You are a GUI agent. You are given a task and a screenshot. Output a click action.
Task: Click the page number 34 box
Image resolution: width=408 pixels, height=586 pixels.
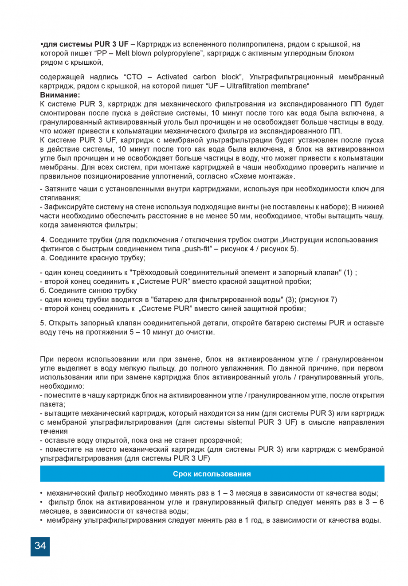40,546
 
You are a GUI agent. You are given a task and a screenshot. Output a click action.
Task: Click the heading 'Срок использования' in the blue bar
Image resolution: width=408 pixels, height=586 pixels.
212,474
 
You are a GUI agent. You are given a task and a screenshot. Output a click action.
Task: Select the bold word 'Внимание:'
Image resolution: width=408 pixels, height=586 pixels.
60,95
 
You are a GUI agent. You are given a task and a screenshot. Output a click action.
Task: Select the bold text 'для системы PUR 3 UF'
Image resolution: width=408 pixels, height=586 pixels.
86,44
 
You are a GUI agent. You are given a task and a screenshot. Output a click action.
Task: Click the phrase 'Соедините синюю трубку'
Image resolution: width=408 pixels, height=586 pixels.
92,290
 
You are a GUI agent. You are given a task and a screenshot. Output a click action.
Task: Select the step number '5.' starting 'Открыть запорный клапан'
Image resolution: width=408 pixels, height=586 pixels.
43,323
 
